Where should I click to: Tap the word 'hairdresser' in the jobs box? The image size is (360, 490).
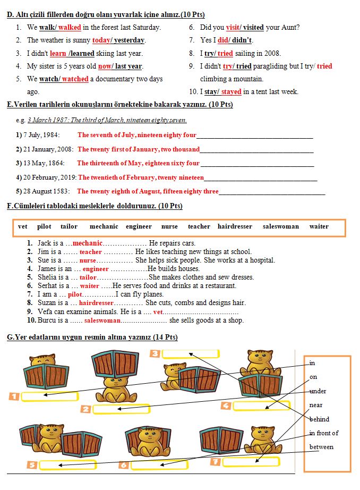click(235, 226)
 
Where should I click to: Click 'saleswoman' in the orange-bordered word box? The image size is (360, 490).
click(280, 226)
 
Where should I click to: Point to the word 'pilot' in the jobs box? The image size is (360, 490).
click(44, 226)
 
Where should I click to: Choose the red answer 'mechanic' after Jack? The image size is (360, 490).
click(88, 243)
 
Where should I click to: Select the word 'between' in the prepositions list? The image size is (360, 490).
click(321, 447)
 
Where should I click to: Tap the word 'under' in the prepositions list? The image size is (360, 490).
click(318, 391)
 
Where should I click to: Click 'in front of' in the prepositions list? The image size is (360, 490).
click(323, 433)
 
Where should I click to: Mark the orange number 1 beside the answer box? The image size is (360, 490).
click(14, 396)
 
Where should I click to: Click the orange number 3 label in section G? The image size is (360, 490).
click(155, 354)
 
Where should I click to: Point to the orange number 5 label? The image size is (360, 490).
click(32, 465)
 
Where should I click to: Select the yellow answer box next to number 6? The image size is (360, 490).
click(158, 465)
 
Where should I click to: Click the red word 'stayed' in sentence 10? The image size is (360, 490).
click(231, 91)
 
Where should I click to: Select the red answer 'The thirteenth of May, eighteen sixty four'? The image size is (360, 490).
click(138, 163)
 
